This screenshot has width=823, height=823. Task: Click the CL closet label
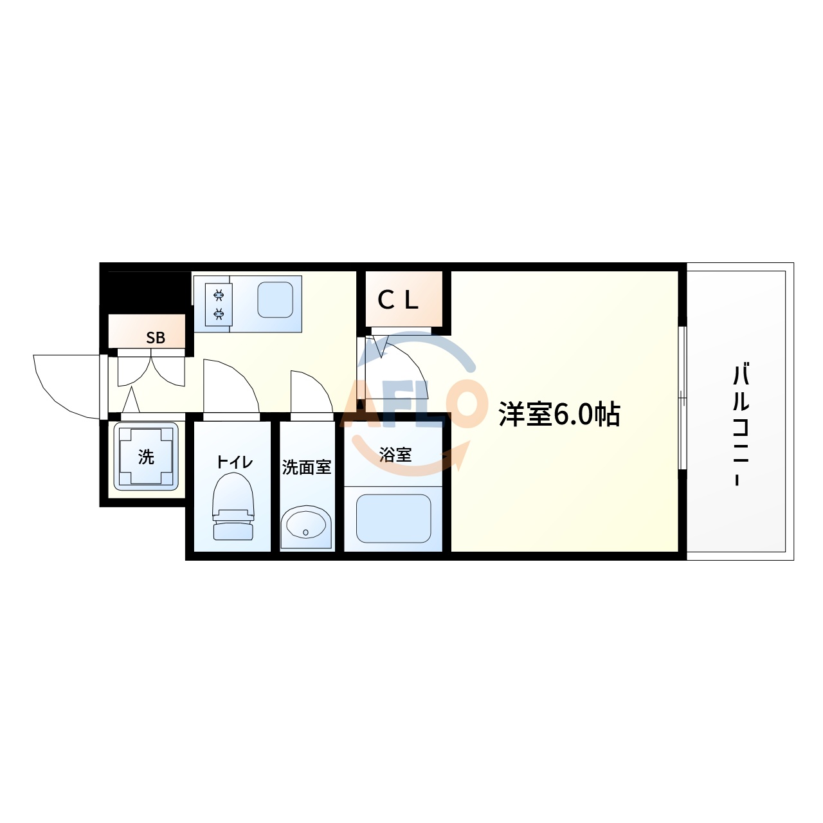pos(398,300)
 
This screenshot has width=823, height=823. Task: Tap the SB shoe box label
pos(156,338)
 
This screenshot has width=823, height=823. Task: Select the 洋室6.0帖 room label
pos(559,415)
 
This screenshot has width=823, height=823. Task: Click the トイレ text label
pos(234,462)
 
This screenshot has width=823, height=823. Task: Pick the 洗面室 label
pos(307,467)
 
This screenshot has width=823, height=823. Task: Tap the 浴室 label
pos(395,455)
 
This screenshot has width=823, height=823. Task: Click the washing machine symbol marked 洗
pos(146,457)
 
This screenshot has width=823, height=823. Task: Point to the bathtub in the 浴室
pos(393,518)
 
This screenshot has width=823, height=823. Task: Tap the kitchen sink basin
pos(275,300)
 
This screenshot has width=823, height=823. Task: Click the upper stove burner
pos(219,295)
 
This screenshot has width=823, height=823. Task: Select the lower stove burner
pos(219,314)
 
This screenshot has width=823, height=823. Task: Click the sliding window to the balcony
pos(682,399)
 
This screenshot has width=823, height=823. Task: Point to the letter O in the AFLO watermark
pos(458,404)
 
